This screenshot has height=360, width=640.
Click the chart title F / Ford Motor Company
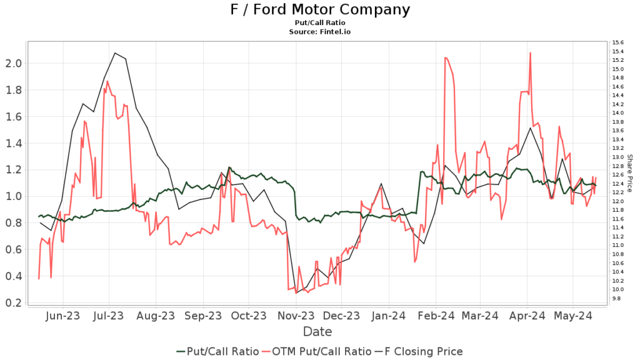coord(320,9)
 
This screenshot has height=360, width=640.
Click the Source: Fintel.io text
coord(320,31)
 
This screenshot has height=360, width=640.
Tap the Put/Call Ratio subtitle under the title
coord(320,22)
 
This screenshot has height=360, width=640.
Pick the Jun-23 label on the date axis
coord(63,316)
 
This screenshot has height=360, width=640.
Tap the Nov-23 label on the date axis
coord(296,316)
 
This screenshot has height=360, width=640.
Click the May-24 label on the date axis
coord(572,316)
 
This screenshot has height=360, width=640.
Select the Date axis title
coord(317,331)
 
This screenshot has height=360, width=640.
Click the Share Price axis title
coord(629,173)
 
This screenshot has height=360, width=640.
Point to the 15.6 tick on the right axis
coord(617,42)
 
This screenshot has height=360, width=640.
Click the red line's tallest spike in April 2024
coord(531,53)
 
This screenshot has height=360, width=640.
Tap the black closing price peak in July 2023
coord(115,53)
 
